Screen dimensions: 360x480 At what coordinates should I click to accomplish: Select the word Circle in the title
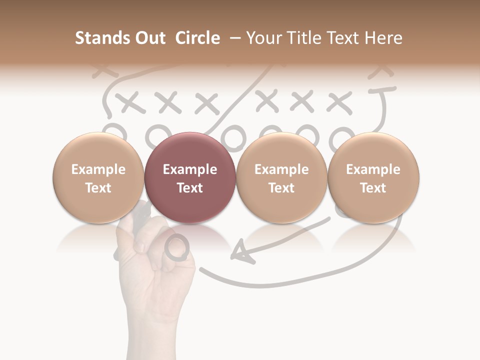pos(197,38)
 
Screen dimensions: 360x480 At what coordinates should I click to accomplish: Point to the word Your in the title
pos(263,38)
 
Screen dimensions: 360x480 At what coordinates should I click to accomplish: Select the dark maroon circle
pos(189,178)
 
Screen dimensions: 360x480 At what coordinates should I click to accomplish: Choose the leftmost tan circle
pos(98,178)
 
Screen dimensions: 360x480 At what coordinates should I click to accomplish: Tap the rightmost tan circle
pos(373,178)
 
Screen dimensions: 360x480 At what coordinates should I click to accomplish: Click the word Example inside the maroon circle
pos(190,169)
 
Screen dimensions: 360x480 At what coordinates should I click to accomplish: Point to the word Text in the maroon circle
pos(190,188)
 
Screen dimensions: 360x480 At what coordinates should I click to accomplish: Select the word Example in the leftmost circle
pos(98,169)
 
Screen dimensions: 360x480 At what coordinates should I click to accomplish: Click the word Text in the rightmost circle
pos(373,188)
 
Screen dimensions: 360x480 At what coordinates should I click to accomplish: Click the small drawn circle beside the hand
pos(177,247)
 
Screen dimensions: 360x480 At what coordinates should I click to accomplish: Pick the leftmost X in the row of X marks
pos(129,102)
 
